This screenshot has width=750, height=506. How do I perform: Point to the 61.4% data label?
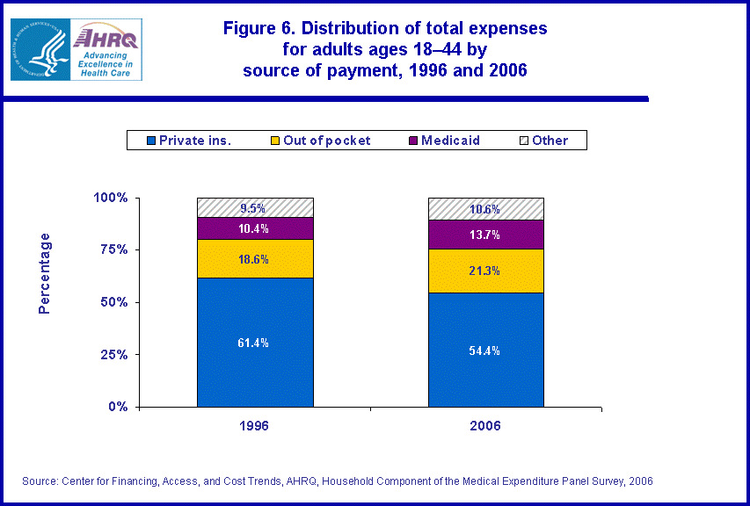click(x=255, y=343)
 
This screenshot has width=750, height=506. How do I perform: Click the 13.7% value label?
click(x=485, y=235)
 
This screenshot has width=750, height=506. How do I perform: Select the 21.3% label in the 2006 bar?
click(x=485, y=271)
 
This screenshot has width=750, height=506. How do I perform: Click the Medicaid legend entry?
click(x=450, y=141)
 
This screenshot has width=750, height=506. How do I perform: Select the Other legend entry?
click(x=549, y=141)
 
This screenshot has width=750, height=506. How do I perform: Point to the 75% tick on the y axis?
click(x=111, y=249)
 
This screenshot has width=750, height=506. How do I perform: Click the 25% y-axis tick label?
click(x=111, y=355)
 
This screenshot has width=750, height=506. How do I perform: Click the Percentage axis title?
click(x=45, y=273)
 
